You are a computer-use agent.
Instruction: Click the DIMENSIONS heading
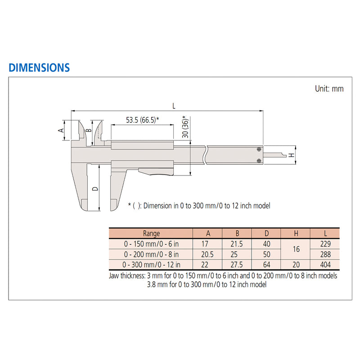click(x=39, y=68)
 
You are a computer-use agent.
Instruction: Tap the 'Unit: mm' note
click(x=329, y=89)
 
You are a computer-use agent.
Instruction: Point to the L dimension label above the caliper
click(x=174, y=106)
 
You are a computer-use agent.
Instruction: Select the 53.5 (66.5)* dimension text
click(x=142, y=120)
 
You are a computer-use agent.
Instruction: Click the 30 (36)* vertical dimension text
click(x=185, y=127)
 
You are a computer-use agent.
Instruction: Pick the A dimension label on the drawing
click(x=61, y=130)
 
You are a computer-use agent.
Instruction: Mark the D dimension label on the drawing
click(x=95, y=189)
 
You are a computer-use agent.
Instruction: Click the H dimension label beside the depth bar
click(x=291, y=155)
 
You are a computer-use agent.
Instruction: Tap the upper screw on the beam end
click(x=259, y=149)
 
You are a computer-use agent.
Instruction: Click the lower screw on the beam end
click(x=259, y=161)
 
